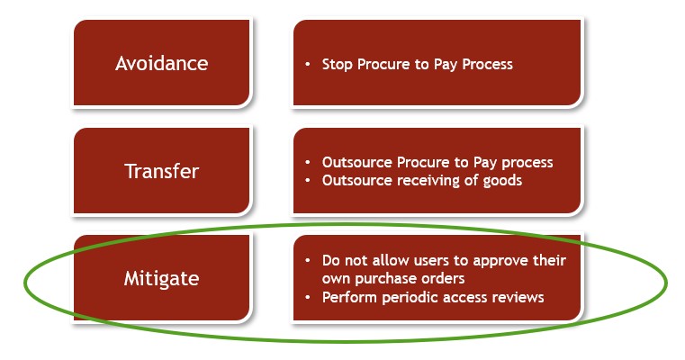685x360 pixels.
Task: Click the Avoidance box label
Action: [x=162, y=63]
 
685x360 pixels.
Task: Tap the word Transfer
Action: [x=162, y=171]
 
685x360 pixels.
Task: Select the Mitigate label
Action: [x=162, y=279]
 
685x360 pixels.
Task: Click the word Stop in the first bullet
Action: [x=337, y=65]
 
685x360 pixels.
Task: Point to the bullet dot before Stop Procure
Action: [x=308, y=65]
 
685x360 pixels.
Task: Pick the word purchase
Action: [x=382, y=279]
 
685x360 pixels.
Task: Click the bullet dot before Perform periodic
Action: [x=308, y=298]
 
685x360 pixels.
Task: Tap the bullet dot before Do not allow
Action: [x=308, y=260]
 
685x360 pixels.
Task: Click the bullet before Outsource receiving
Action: [x=308, y=180]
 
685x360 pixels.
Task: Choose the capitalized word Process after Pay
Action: [x=488, y=65]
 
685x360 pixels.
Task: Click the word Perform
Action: [x=350, y=298]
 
